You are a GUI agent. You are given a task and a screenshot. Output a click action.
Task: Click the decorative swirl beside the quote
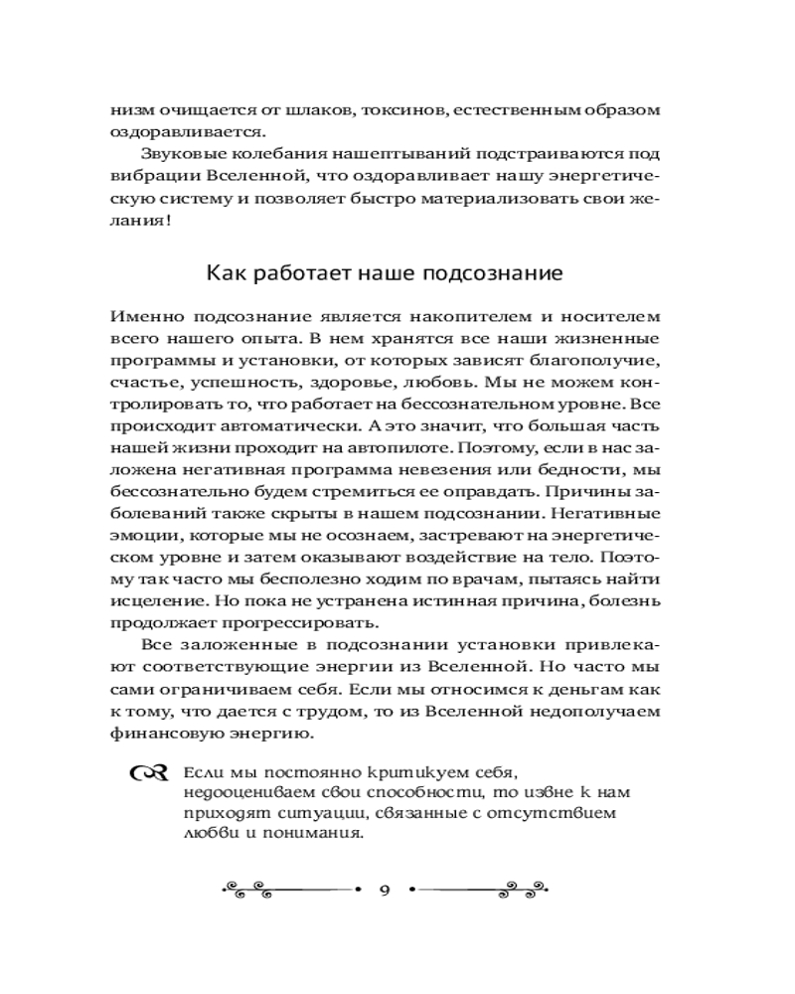[144, 773]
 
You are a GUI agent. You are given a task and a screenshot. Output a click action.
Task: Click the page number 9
[385, 888]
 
